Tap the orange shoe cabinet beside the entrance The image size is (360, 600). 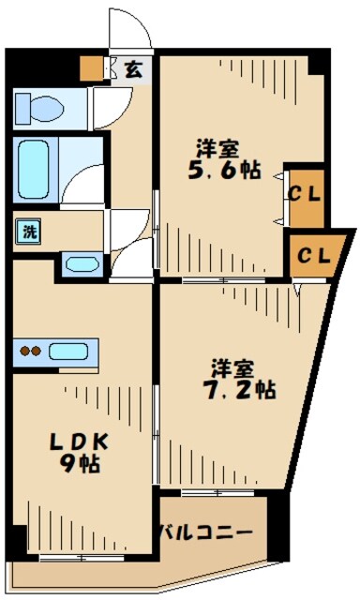click(x=91, y=67)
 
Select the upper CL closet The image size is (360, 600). click(x=305, y=196)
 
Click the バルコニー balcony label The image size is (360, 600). click(x=206, y=532)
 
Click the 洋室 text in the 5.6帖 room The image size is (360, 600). click(x=216, y=148)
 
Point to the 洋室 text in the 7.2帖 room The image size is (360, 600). click(x=234, y=366)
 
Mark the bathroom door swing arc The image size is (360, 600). click(x=89, y=178)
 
